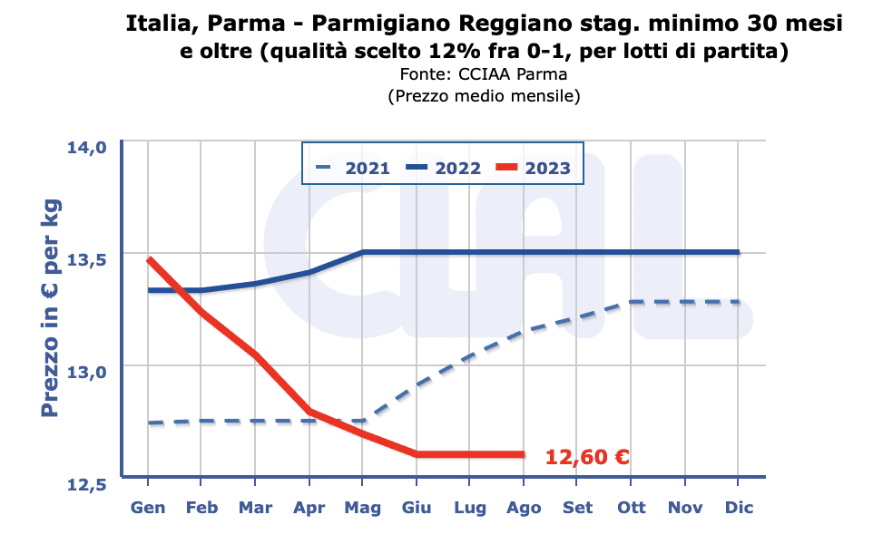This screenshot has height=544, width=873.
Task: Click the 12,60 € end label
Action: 587,457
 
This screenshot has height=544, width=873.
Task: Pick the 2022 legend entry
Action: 444,168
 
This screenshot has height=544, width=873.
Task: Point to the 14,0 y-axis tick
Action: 89,147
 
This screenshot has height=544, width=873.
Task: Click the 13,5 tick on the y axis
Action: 89,259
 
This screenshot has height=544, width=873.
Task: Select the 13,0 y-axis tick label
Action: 89,371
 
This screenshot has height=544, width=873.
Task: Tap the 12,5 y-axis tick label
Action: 89,483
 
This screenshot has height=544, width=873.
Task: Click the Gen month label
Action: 148,508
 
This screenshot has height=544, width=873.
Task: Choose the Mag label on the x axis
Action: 363,508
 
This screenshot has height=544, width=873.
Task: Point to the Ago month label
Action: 524,508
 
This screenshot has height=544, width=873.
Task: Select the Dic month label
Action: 738,508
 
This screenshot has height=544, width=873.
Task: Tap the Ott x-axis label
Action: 631,508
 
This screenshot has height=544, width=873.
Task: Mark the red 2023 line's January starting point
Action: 149,259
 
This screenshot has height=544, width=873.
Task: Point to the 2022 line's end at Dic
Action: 738,253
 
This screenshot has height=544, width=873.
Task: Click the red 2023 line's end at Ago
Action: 524,454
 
